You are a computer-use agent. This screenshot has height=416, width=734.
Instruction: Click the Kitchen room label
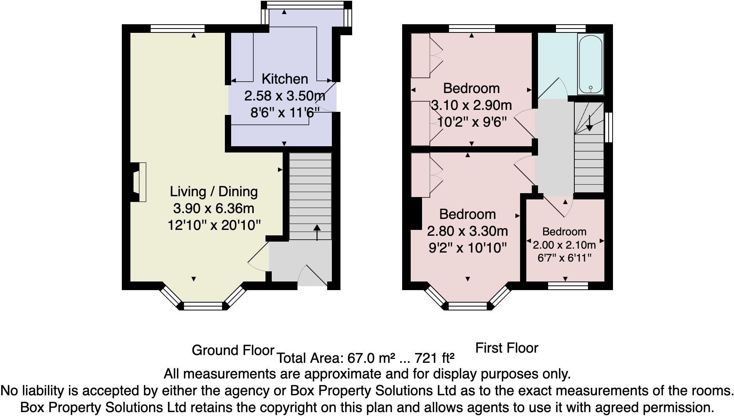(285, 79)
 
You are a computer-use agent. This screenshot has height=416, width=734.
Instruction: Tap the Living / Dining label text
(214, 192)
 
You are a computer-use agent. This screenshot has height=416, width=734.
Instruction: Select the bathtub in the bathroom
(590, 64)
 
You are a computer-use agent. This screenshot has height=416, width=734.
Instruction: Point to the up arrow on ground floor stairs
(317, 232)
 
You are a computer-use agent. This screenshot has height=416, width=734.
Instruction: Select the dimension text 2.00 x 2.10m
(564, 245)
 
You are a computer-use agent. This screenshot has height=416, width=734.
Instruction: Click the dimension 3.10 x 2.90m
(471, 105)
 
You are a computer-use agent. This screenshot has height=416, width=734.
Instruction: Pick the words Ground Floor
(233, 350)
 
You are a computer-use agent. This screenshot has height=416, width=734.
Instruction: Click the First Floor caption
(506, 348)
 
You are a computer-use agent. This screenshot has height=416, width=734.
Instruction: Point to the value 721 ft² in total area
(434, 358)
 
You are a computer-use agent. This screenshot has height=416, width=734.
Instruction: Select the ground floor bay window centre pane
(203, 306)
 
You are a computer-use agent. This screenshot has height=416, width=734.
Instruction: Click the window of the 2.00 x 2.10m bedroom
(568, 286)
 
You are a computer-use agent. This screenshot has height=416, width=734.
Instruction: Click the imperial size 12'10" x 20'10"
(214, 225)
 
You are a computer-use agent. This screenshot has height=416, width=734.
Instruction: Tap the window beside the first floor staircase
(608, 127)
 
